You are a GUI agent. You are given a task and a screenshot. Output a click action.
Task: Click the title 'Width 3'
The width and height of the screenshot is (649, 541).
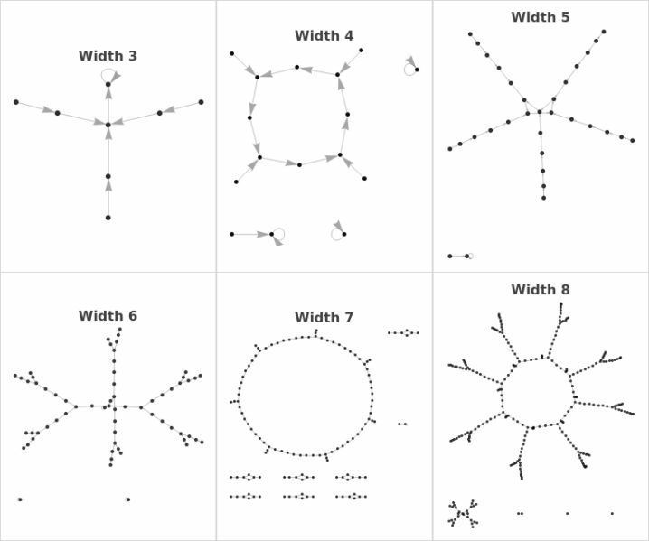pos(108,56)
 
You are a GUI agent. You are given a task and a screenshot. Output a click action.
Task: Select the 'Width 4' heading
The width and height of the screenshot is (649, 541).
pos(324,36)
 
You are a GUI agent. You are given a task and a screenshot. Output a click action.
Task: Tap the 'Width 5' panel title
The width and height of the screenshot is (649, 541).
pos(541,17)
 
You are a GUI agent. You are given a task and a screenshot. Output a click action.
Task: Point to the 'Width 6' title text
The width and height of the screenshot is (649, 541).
pos(108,316)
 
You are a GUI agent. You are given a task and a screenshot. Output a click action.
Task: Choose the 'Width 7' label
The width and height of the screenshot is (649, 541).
pos(324,318)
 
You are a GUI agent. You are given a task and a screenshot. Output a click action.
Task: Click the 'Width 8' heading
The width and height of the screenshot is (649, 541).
pos(541,290)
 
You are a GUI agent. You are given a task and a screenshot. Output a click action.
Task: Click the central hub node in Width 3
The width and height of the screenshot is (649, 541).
pos(108,125)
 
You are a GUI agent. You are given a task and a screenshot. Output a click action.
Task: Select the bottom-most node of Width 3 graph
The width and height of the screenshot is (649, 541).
pos(108,218)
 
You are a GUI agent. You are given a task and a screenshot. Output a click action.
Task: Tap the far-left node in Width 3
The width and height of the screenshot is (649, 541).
pos(16,102)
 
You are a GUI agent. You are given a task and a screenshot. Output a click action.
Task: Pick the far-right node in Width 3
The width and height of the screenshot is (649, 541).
pos(201,102)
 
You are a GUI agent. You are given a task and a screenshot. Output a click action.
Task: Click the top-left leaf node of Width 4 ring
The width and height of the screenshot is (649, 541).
pos(231,53)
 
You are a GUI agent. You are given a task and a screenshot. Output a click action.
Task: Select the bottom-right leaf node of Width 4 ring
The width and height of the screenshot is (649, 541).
pos(364,178)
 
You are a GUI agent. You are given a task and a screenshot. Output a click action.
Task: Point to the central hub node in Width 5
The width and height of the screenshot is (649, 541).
pos(540,112)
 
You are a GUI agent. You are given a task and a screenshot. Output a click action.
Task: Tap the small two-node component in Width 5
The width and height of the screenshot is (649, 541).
pos(459,256)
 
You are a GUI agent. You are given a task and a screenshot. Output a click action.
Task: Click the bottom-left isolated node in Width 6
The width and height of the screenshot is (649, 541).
pos(19,499)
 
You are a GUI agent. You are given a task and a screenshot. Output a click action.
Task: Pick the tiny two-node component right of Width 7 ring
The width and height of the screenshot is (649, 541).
pos(402,424)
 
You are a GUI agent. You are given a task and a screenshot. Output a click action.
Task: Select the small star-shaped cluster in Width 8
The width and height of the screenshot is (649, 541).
pos(461,515)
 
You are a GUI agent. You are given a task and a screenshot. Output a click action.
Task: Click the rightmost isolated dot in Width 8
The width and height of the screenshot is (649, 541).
pos(612,514)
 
